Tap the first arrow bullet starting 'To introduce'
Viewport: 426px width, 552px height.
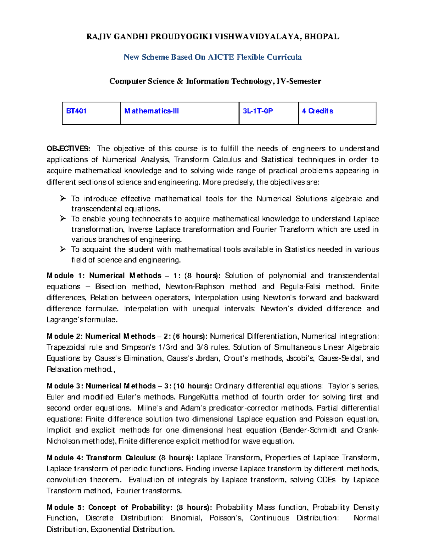pos(63,198)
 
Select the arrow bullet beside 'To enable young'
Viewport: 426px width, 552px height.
pos(63,219)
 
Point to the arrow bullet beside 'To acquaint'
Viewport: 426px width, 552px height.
pos(63,249)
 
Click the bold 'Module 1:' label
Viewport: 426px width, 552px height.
pos(66,276)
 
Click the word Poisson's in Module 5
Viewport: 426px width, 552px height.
pos(226,518)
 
